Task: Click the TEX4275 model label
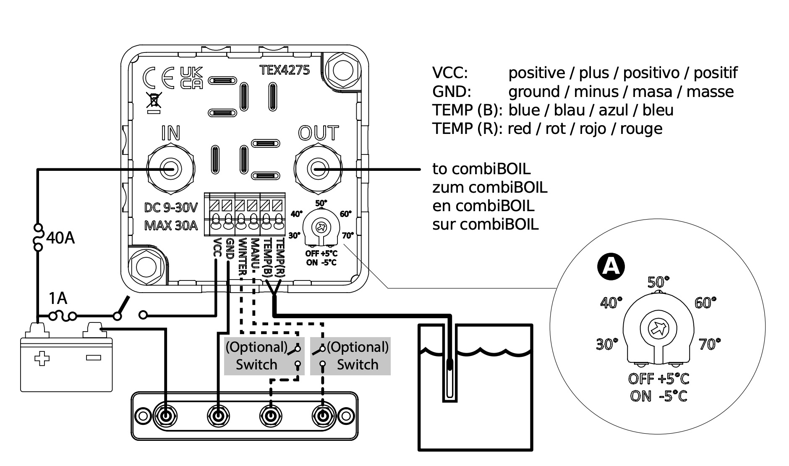[x=285, y=70]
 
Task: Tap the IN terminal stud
[x=171, y=169]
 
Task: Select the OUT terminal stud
[x=318, y=169]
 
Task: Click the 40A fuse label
[x=60, y=238]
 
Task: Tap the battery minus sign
[x=93, y=358]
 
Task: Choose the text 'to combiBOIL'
[x=481, y=169]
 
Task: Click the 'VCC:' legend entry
[x=450, y=73]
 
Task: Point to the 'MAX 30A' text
[x=171, y=225]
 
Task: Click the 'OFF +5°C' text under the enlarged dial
[x=659, y=379]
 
